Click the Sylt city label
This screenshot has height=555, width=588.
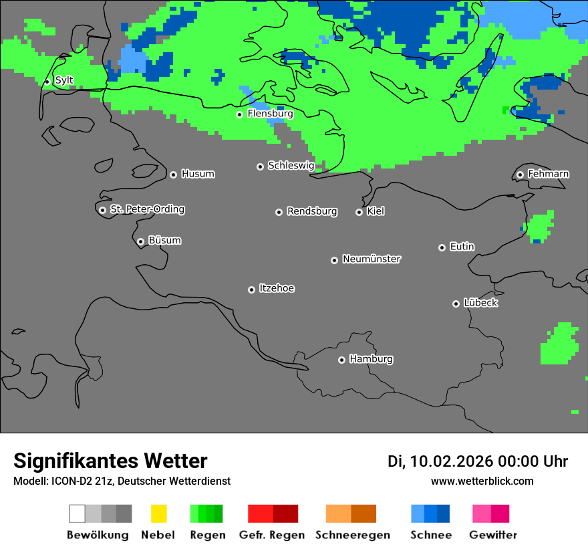[64, 81]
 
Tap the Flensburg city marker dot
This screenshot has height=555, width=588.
[239, 114]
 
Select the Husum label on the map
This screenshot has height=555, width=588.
[198, 175]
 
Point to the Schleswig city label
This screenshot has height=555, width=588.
[291, 166]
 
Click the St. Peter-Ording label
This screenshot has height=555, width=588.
[147, 209]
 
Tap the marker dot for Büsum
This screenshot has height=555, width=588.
[140, 241]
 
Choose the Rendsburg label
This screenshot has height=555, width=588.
[312, 212]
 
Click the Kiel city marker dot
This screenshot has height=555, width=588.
[359, 212]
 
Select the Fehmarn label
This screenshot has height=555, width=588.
[548, 175]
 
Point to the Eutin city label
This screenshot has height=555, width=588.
[462, 247]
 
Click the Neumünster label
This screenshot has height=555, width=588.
[372, 259]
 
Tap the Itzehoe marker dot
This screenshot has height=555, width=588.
[251, 290]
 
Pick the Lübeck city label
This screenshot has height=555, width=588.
[480, 303]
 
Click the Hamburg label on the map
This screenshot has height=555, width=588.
[371, 359]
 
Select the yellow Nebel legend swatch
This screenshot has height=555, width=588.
[158, 514]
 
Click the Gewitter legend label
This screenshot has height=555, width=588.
[493, 535]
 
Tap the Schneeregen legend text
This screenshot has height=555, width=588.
[352, 535]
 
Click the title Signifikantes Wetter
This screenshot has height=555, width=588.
[110, 461]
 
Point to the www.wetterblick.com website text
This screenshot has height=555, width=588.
[482, 481]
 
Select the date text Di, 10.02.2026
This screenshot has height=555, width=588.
[440, 461]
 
